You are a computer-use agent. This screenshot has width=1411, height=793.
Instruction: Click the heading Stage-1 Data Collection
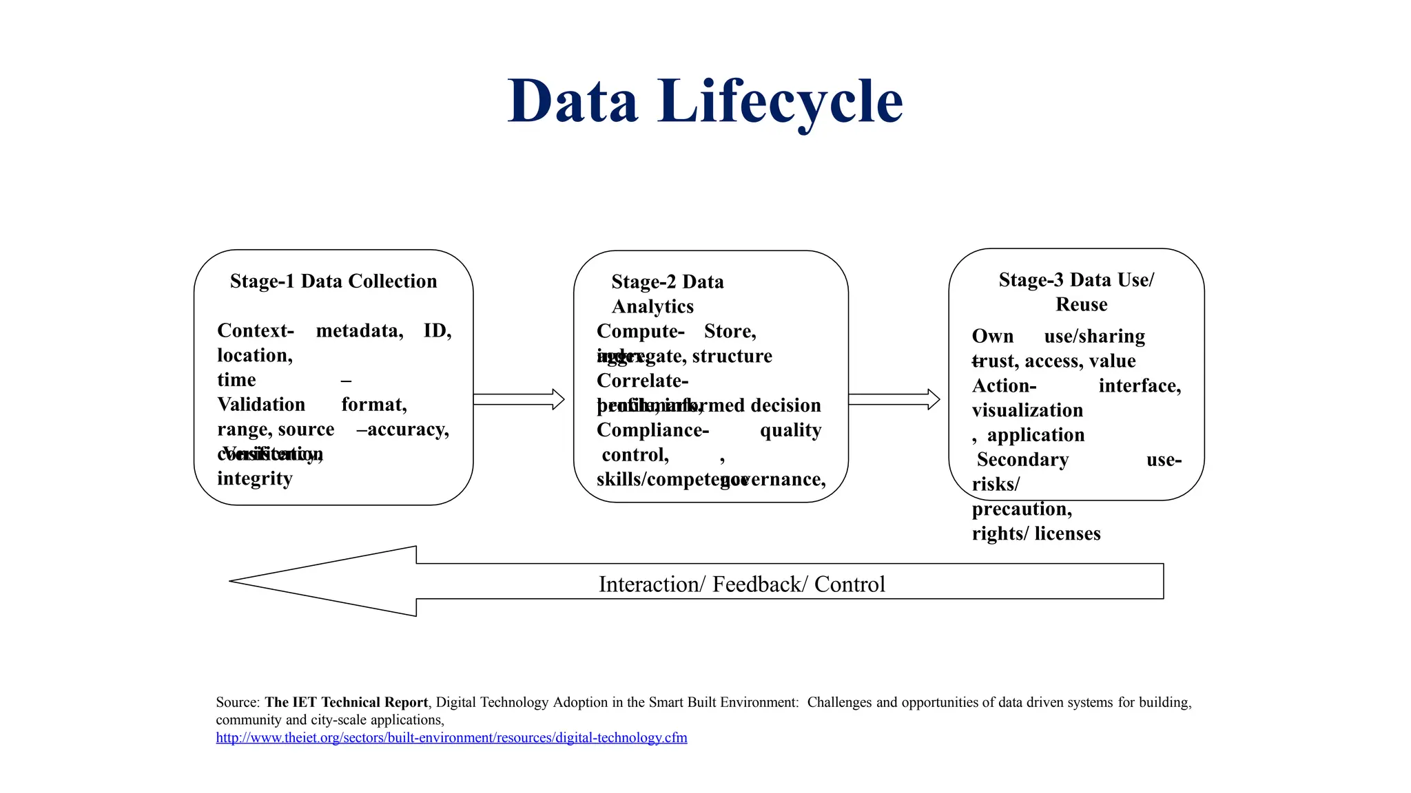coord(333,281)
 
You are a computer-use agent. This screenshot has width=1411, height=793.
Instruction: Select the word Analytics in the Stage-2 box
coord(652,306)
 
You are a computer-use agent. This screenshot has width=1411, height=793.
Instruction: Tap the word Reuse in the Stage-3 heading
coord(1081,304)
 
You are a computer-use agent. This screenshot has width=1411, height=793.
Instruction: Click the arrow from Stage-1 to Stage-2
coord(519,399)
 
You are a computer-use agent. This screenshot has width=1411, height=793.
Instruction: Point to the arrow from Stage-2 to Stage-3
coord(894,399)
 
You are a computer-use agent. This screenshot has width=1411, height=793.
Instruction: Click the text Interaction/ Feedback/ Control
coord(741,584)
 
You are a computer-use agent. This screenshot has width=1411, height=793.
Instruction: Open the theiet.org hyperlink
coord(451,737)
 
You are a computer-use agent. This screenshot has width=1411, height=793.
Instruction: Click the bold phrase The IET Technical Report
coord(347,702)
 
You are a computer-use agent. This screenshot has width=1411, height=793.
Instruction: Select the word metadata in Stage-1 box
coord(359,330)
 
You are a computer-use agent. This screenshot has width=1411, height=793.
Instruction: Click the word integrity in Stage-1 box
coord(255,478)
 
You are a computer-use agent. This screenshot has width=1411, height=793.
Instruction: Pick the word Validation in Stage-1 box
coord(261,404)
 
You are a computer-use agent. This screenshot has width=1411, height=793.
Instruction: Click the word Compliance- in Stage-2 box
coord(652,430)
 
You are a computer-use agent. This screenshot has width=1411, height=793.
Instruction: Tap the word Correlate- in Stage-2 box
coord(642,381)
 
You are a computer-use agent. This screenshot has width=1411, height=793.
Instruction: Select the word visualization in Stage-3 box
coord(1027,410)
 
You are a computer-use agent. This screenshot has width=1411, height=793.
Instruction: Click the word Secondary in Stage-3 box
coord(1022,460)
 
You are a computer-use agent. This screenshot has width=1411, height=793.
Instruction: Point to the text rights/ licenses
coord(1036,533)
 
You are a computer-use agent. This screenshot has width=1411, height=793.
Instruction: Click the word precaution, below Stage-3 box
coord(1022,509)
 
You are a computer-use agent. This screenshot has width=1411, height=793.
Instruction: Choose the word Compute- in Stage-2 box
coord(640,331)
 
